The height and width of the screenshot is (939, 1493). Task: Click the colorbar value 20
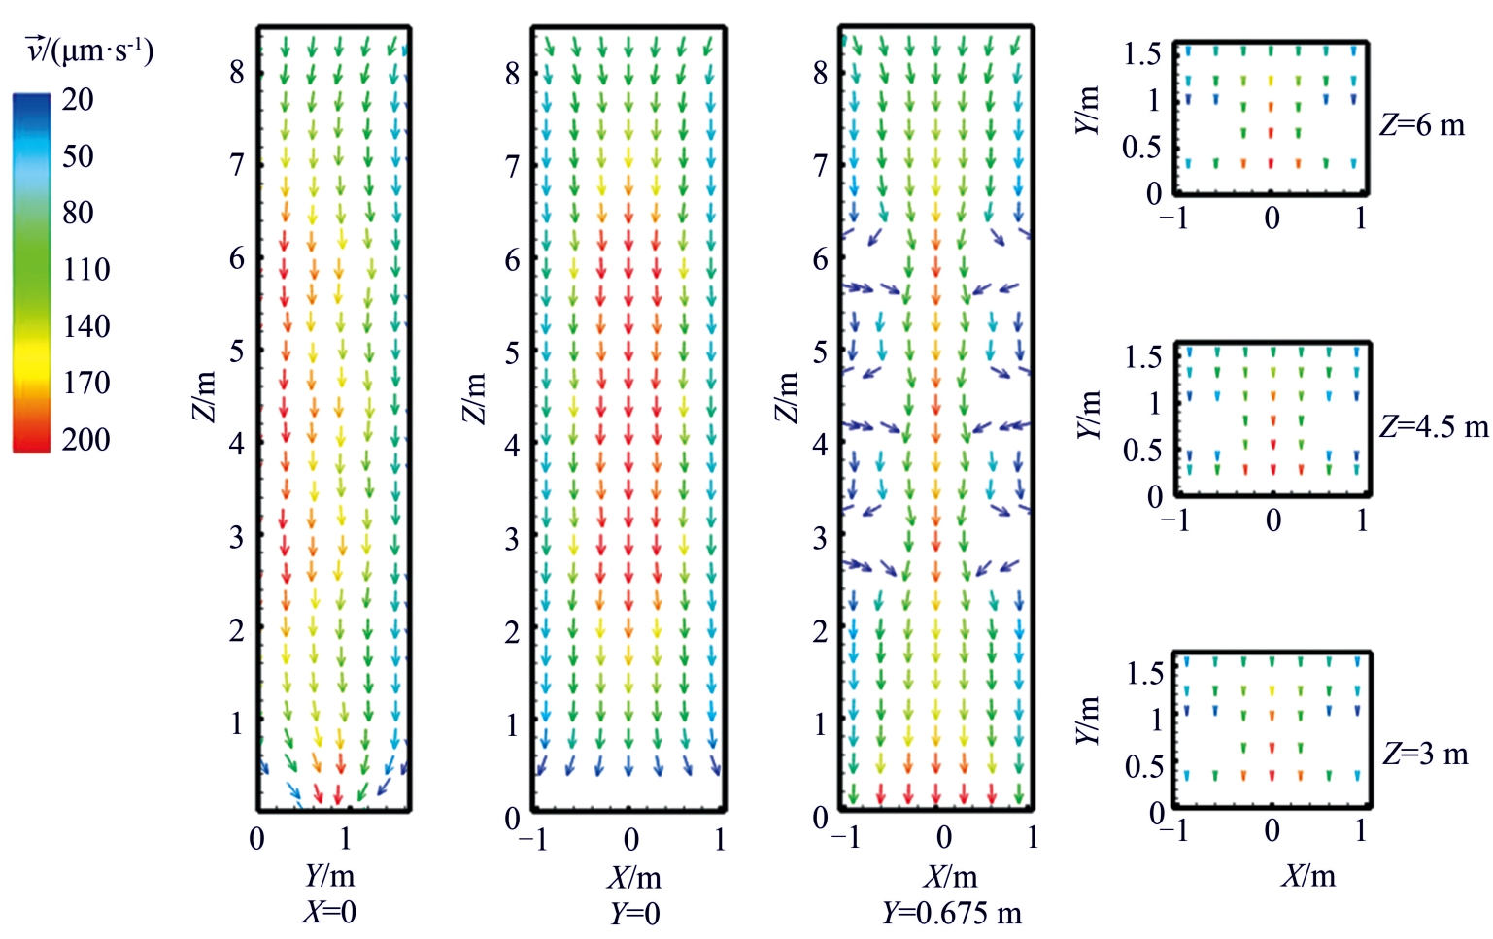(x=78, y=99)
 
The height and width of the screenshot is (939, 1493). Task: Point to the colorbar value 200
(x=85, y=439)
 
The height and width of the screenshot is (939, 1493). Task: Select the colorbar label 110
(x=85, y=269)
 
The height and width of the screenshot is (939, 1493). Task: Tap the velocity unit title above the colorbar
(x=89, y=50)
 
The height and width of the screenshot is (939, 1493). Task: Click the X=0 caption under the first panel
(x=328, y=912)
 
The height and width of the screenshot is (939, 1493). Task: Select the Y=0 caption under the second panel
(x=634, y=913)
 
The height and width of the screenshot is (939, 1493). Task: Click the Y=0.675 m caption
(x=952, y=913)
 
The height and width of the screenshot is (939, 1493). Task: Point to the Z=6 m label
(x=1421, y=125)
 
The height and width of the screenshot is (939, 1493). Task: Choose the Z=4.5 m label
(x=1434, y=426)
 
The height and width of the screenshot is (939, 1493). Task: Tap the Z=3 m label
(x=1425, y=754)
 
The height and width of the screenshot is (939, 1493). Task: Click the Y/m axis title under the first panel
(x=329, y=876)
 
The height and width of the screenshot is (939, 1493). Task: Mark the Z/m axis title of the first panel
(x=204, y=397)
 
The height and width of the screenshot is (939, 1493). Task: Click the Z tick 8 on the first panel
(x=237, y=72)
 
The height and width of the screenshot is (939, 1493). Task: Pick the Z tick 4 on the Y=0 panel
(x=512, y=445)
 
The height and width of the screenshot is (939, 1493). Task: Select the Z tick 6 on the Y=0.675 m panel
(x=821, y=258)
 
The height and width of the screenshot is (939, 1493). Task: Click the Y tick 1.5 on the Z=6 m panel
(x=1141, y=54)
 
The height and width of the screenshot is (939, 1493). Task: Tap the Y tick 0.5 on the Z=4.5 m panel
(x=1141, y=451)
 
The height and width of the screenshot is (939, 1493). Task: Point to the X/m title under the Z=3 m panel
(x=1308, y=876)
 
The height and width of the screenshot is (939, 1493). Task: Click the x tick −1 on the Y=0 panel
(x=533, y=839)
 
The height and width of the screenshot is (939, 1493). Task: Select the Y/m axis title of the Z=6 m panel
(x=1089, y=111)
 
